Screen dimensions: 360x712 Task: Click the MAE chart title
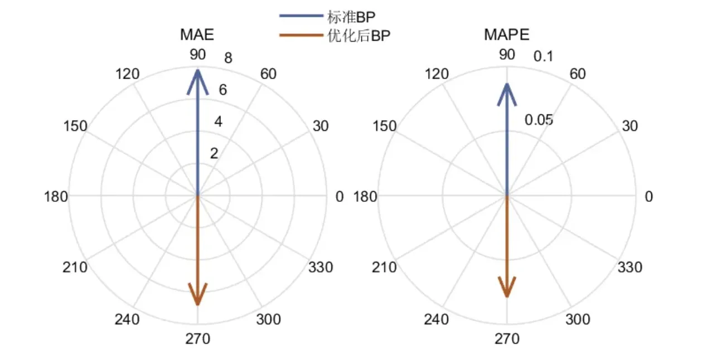197,35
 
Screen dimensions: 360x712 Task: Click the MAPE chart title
506,35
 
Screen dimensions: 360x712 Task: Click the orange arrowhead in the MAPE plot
506,288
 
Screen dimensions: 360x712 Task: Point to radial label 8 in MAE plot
228,57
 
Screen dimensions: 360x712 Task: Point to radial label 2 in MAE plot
214,154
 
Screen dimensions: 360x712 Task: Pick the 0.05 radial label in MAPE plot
539,120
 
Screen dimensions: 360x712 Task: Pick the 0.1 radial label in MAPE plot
543,57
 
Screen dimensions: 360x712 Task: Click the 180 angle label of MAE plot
56,196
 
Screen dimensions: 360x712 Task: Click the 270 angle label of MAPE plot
506,339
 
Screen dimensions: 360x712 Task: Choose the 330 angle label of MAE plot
321,267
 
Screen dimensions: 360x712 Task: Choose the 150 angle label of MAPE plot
384,126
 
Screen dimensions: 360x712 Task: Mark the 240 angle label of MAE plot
127,320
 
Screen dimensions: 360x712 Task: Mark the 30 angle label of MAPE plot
629,126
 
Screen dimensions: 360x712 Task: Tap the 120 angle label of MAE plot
127,74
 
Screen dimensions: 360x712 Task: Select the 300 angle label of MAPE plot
578,320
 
